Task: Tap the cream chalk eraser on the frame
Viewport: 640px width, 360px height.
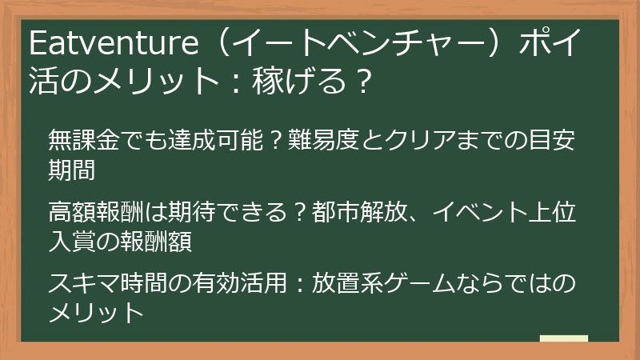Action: pos(563,339)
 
